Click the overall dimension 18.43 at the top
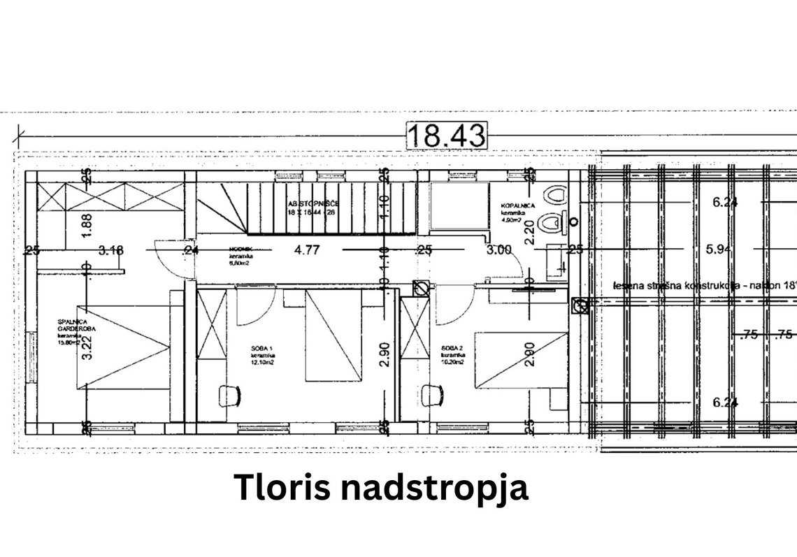[x=445, y=136]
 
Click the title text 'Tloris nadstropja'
[x=381, y=489]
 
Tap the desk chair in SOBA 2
[x=431, y=396]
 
